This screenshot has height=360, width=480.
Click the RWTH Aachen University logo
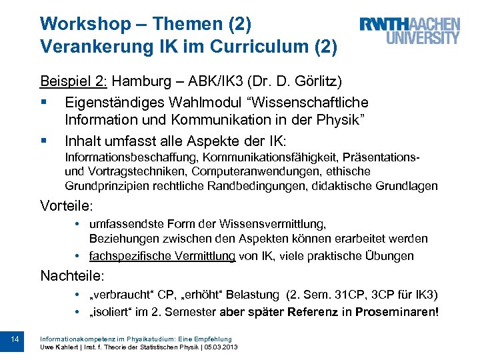point(409,31)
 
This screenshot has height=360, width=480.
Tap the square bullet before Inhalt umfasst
point(43,141)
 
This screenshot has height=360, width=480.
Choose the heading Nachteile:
point(73,274)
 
